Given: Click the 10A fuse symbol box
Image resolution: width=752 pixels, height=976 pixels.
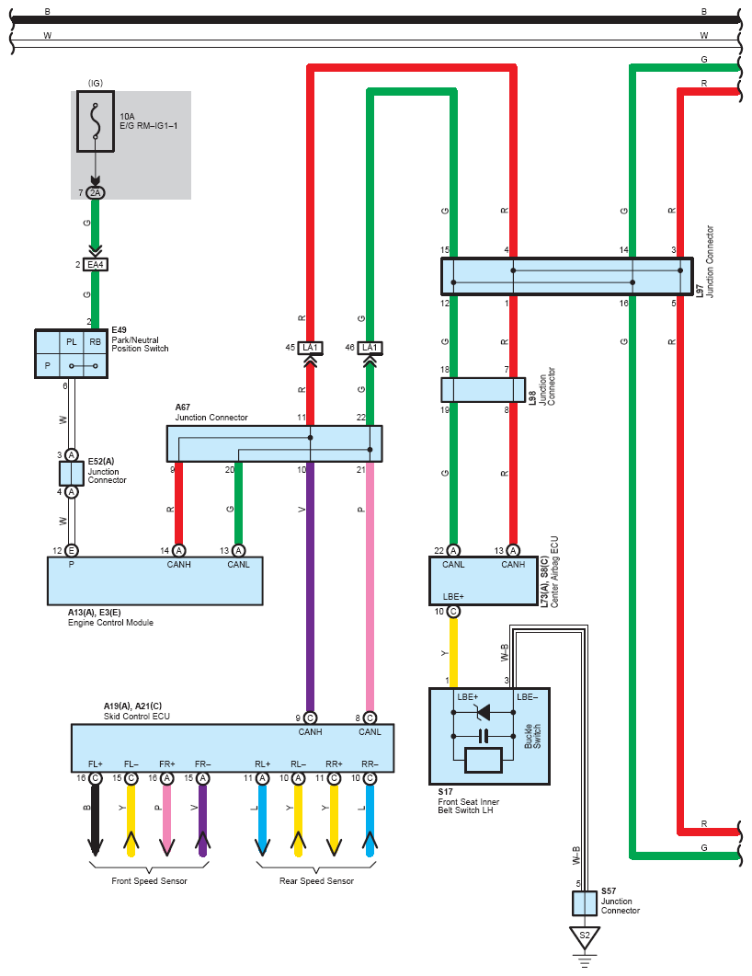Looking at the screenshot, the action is [96, 121].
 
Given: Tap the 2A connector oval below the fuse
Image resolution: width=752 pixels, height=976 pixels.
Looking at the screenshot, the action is [96, 193].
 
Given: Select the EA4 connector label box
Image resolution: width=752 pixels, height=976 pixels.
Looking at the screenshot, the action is [96, 265].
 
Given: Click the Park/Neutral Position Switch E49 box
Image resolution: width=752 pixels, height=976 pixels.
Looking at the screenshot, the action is [72, 353].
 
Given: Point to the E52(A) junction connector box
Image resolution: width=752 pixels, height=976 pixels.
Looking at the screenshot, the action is [72, 474].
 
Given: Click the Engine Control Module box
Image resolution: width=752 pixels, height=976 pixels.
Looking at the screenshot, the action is [154, 580].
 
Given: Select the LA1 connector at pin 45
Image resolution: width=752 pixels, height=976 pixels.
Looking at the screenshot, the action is [310, 348].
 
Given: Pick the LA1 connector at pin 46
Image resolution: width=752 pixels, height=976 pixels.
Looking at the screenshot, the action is [370, 348].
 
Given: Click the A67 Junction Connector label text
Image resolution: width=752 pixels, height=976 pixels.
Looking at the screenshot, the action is [211, 413].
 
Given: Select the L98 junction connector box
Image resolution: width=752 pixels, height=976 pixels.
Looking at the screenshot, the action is [484, 390].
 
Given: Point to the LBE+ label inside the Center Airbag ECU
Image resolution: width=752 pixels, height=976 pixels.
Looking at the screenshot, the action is [453, 596].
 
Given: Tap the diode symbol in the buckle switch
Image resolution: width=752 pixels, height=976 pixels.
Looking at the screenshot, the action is [483, 712].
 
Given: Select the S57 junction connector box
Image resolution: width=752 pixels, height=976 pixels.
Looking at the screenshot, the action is [584, 903].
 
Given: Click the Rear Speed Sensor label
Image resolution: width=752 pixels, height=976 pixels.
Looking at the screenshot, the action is [316, 880].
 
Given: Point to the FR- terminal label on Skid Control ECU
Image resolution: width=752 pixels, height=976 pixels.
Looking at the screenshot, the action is [203, 764].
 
